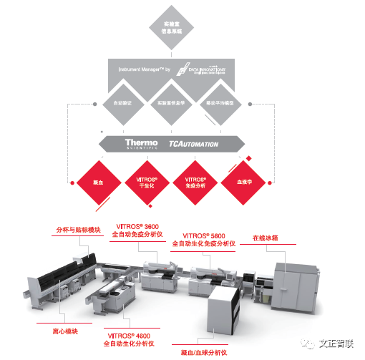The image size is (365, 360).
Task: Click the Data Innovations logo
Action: pyautogui.click(x=207, y=71)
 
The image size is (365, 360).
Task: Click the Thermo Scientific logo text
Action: pyautogui.click(x=141, y=144)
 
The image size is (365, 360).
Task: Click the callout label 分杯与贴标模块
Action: pyautogui.click(x=79, y=230)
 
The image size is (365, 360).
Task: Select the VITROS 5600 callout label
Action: pyautogui.click(x=208, y=239)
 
